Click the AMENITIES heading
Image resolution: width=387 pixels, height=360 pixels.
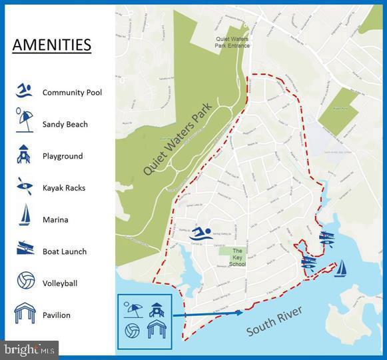pos(51,45)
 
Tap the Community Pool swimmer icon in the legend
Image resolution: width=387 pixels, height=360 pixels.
pos(24,91)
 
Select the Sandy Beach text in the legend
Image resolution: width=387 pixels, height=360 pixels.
pos(65,124)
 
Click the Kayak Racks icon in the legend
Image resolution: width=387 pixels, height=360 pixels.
pos(24,187)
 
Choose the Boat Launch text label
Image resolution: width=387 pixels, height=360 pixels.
pos(65,251)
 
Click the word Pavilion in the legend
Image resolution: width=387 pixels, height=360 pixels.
pos(56,315)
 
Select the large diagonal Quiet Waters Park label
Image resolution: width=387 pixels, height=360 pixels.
pos(177,138)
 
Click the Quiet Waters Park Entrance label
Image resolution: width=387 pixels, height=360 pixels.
pos(231,43)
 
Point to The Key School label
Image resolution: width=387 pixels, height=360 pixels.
pos(237,257)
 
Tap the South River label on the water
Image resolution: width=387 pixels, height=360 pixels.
pos(274,321)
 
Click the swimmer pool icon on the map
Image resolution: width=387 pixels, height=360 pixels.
pos(200,233)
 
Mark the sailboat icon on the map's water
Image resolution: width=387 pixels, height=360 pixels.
pos(340,268)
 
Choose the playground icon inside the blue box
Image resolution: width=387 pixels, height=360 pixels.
pos(158,308)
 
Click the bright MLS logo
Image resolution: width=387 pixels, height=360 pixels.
pos(30,349)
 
